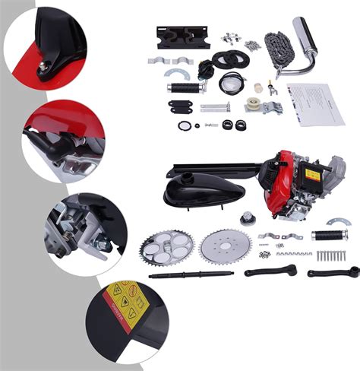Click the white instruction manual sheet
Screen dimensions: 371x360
point(316,104)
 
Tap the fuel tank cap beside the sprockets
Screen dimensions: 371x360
point(248,220)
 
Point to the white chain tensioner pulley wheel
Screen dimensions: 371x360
point(255,106)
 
